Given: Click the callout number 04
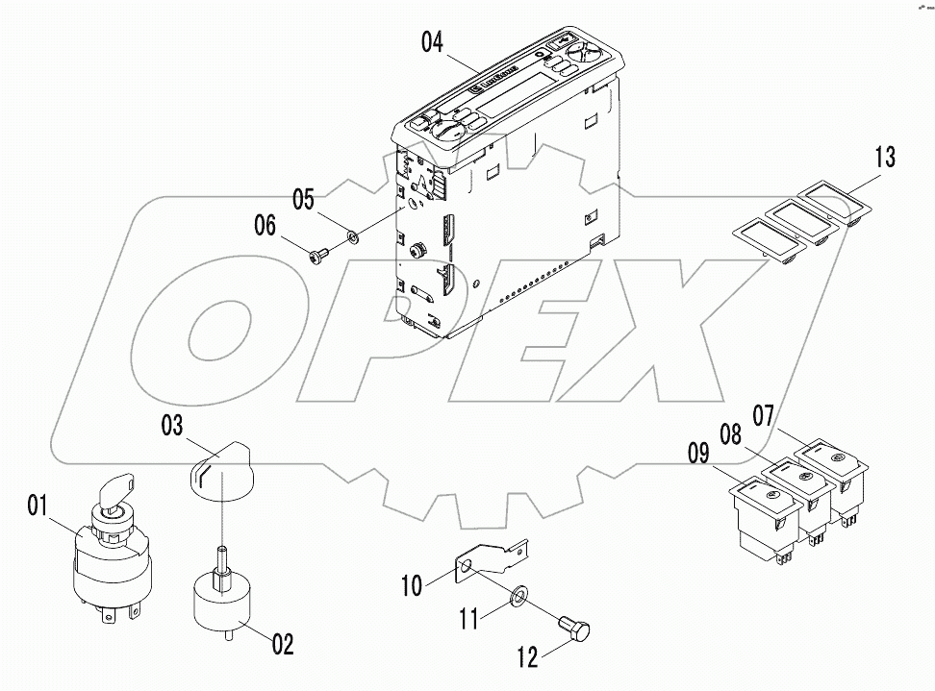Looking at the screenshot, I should point(432,43).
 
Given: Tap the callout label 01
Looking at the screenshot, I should point(38,505).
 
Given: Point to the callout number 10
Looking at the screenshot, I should point(412,584).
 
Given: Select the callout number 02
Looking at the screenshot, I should point(283,643).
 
